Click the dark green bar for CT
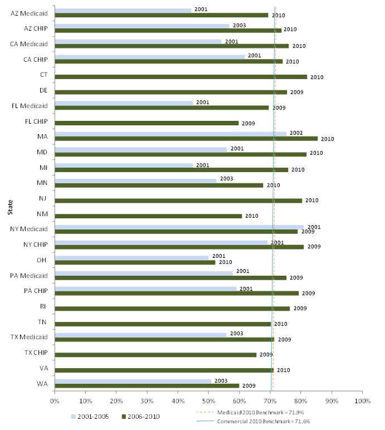pos(181,77)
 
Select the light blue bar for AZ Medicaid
pos(123,11)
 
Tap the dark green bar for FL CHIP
pos(147,123)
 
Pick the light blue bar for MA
pos(170,134)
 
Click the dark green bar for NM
pos(148,216)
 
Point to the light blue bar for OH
pos(131,257)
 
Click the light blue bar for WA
pos(133,381)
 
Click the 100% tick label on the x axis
pos(362,400)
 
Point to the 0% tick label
pos(55,400)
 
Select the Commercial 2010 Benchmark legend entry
pos(265,422)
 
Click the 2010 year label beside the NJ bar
pos(311,201)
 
